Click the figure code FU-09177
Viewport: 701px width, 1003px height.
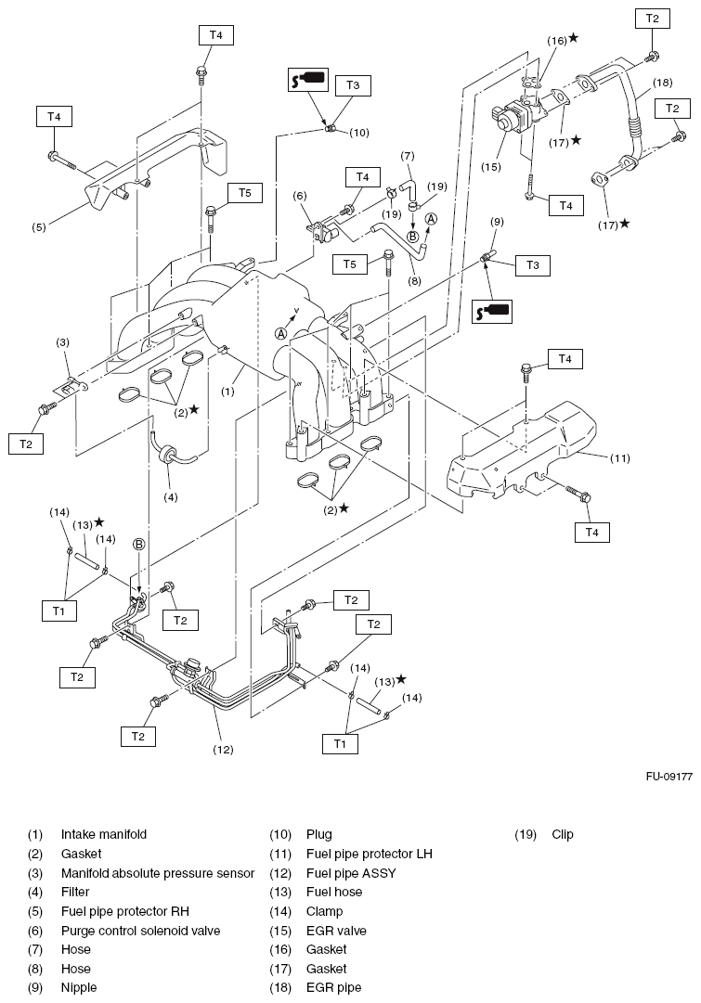669,777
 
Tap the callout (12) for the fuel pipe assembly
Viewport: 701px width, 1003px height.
222,749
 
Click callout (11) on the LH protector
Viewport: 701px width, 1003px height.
619,457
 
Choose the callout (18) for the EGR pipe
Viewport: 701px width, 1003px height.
661,83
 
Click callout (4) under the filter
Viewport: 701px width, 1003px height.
171,496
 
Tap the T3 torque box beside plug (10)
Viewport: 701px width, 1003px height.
352,85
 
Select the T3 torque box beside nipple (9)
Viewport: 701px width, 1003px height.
532,265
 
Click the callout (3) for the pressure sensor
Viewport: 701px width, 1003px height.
62,342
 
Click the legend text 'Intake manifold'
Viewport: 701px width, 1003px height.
104,834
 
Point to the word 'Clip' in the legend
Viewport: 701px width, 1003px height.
563,834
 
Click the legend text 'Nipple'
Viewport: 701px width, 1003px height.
79,988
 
